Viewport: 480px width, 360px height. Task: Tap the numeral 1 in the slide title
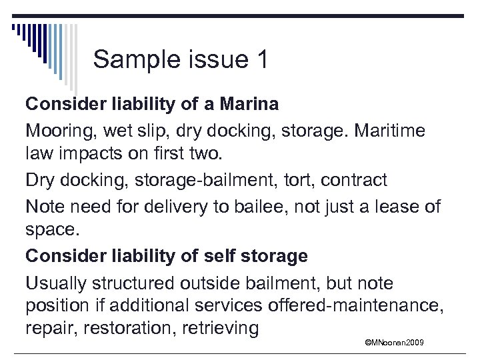[x=261, y=60]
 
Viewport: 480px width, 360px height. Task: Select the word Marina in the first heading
[x=246, y=104]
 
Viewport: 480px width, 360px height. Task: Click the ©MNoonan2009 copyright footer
[x=395, y=343]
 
